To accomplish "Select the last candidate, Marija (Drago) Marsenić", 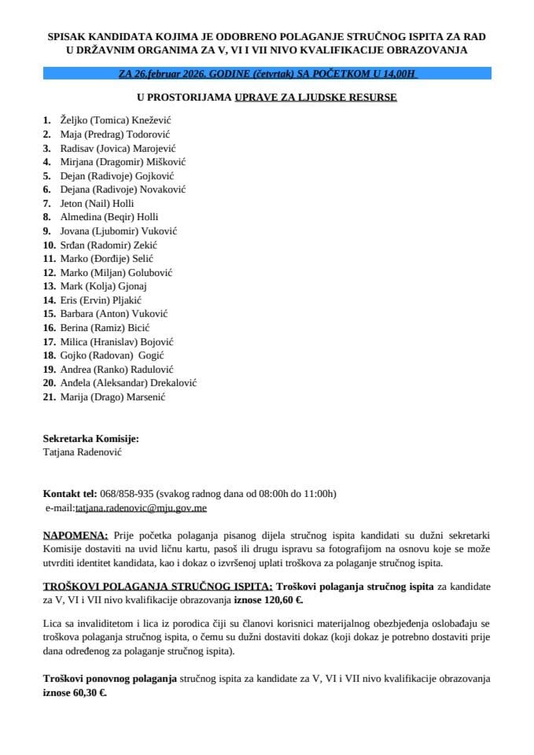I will tap(112, 397).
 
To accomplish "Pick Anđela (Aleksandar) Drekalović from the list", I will tap(128, 383).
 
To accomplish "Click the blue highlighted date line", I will tap(267, 73).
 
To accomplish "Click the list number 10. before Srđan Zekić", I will tap(50, 245).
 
